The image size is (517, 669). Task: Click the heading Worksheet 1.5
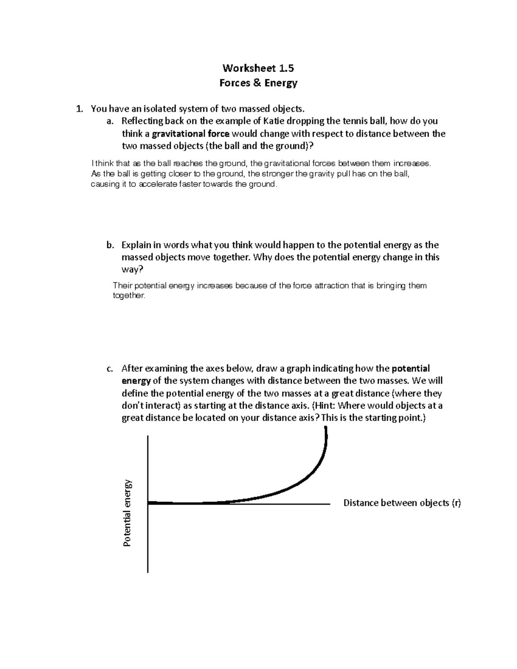click(x=258, y=68)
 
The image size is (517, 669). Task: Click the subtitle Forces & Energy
click(x=258, y=83)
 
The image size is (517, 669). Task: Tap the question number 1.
click(x=78, y=109)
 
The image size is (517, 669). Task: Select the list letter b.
click(x=109, y=245)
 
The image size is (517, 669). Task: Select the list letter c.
click(x=109, y=369)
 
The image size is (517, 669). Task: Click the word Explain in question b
click(x=136, y=245)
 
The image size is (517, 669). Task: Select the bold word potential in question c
click(x=411, y=369)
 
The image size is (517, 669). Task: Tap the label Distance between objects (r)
click(x=402, y=503)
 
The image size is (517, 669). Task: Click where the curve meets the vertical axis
click(x=149, y=503)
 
